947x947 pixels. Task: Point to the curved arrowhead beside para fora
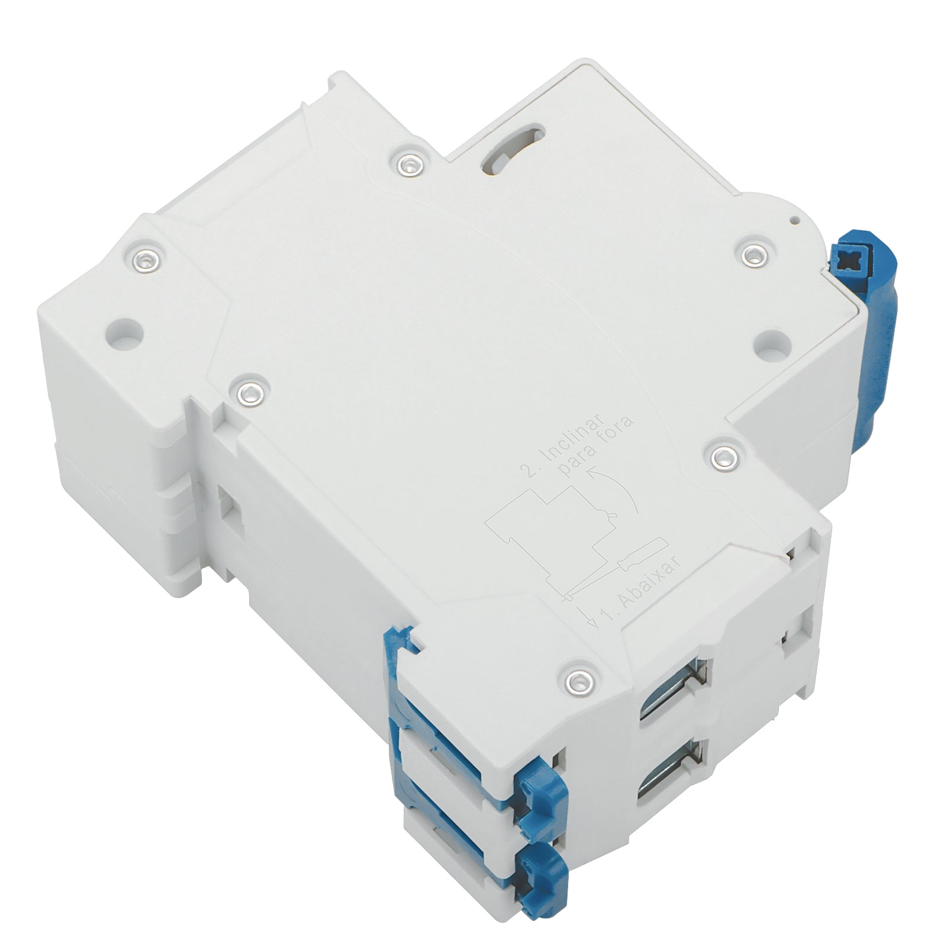coord(591,471)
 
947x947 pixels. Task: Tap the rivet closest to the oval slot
coord(409,164)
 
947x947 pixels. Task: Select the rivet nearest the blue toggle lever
coord(752,254)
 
